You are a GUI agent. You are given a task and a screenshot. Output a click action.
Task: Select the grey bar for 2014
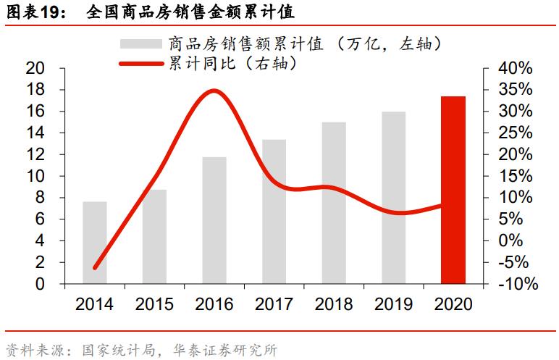tap(94, 243)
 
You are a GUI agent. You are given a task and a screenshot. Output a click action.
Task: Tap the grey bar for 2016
tap(214, 220)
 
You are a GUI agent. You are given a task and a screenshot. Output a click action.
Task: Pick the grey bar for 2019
tap(394, 198)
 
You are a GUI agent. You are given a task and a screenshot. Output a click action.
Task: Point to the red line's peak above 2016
tap(214, 91)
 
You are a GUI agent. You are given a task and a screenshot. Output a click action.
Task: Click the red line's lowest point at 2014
tap(95, 267)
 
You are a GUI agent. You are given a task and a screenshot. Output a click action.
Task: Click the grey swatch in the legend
tap(140, 43)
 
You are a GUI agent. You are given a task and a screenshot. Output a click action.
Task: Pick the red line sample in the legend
tap(140, 64)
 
